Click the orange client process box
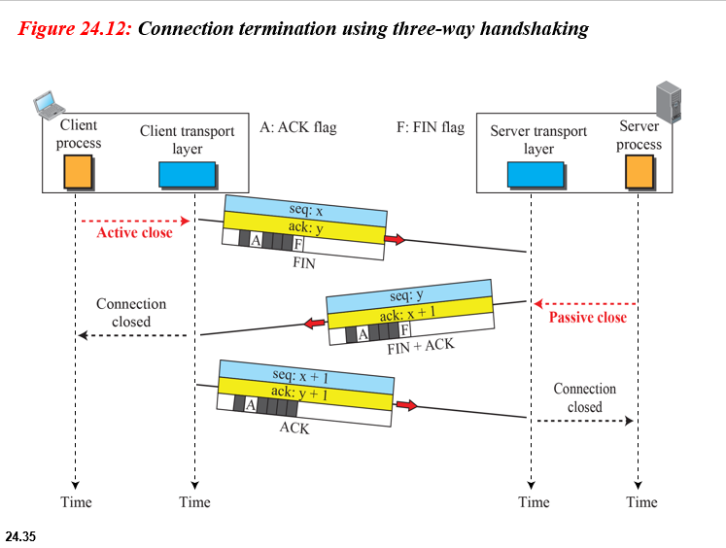click(x=79, y=173)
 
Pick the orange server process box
click(x=639, y=172)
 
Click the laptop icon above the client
click(x=45, y=102)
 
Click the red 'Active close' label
click(x=134, y=233)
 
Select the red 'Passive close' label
click(x=588, y=318)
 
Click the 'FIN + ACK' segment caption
click(x=421, y=346)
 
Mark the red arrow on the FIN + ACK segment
click(x=311, y=323)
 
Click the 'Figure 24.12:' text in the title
click(x=76, y=28)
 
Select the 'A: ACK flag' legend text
click(x=297, y=127)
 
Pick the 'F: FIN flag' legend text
click(x=431, y=127)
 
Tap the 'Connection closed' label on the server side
click(x=584, y=397)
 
